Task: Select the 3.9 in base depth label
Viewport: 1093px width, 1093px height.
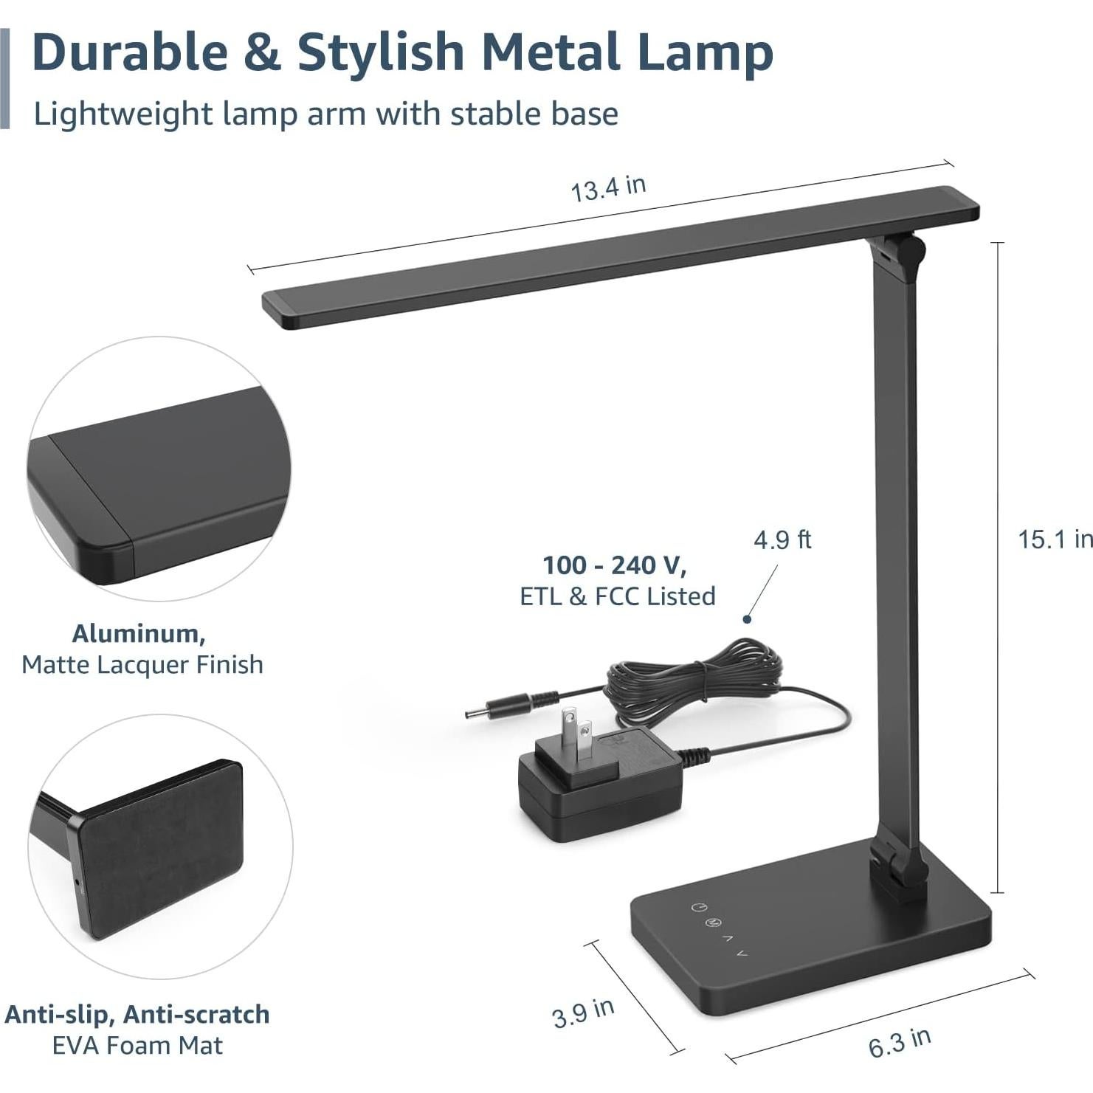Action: pos(583,1013)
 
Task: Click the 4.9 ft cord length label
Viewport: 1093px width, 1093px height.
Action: pos(782,540)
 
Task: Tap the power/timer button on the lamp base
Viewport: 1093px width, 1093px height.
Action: pos(698,907)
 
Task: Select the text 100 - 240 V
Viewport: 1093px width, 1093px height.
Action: pos(615,565)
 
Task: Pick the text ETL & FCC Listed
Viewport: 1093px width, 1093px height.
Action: pos(618,596)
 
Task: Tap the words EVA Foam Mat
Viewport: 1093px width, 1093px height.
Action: pos(137,1045)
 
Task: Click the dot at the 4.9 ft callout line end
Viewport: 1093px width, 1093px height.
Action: pos(747,619)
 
